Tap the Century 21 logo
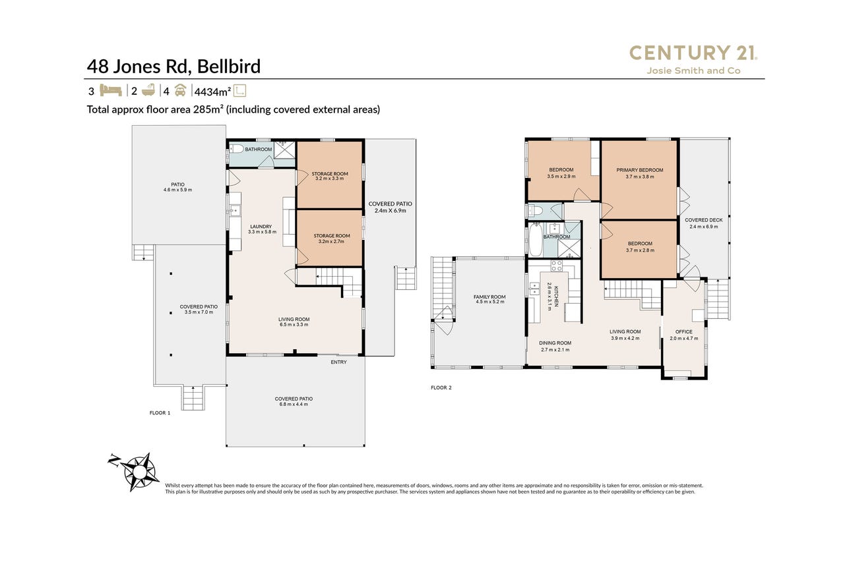(693, 53)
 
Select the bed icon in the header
(110, 91)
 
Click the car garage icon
(180, 91)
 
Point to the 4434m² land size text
(212, 92)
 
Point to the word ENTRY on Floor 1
(339, 362)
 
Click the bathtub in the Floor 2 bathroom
(535, 240)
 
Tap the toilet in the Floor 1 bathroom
(237, 149)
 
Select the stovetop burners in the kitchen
(556, 266)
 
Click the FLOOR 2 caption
(441, 387)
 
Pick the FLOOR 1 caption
(160, 413)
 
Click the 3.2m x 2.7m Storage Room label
(332, 239)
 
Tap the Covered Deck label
(704, 223)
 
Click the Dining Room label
(555, 347)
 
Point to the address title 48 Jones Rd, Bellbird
(174, 67)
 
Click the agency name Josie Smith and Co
(693, 70)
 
